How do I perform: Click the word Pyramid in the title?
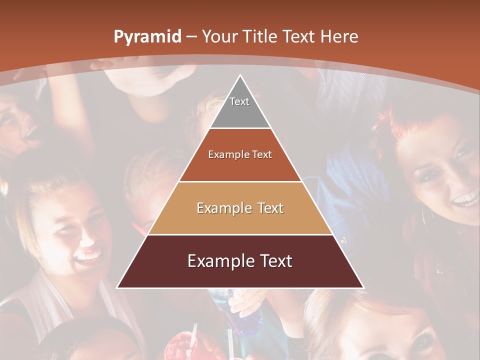[147, 37]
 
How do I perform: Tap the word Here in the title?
[339, 36]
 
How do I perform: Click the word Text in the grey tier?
[239, 101]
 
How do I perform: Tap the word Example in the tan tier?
[218, 208]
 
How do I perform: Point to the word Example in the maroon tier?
[214, 261]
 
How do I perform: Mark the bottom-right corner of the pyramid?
[363, 287]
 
